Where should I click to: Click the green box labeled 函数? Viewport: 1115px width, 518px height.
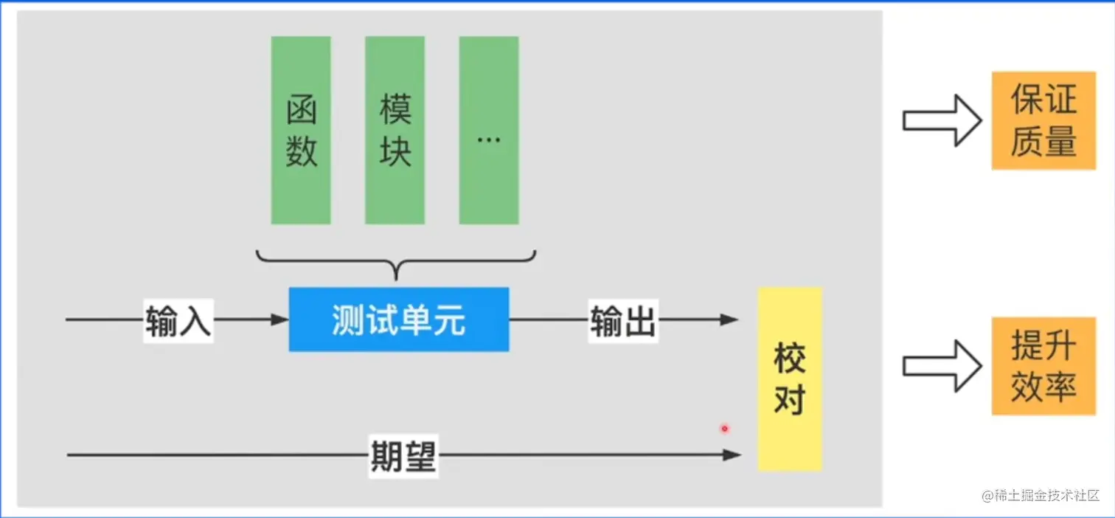[x=301, y=130]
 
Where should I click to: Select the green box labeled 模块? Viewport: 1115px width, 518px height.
[x=395, y=130]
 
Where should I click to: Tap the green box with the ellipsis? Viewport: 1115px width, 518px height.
[x=488, y=130]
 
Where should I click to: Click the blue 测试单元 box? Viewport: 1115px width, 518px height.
[x=398, y=320]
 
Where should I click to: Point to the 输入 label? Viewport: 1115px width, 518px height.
[x=178, y=321]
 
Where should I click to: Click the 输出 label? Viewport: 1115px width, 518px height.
[x=622, y=321]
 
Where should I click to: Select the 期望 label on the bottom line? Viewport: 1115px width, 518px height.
[x=403, y=456]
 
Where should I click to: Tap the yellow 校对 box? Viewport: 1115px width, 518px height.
[x=789, y=379]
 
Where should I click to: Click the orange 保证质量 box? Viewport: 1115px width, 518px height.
[x=1043, y=120]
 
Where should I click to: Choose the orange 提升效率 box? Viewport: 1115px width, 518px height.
[x=1043, y=366]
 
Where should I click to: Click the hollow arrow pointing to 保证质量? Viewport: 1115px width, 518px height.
[x=942, y=120]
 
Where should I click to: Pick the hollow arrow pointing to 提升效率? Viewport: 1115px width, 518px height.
[x=942, y=366]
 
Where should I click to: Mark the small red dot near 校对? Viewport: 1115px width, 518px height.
[x=724, y=428]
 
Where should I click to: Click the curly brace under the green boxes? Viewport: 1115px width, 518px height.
[x=396, y=263]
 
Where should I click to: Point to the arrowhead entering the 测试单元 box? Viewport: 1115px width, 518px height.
[x=280, y=320]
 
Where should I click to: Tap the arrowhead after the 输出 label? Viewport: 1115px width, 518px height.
[x=730, y=320]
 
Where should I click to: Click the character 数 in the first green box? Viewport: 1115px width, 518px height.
[x=301, y=151]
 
